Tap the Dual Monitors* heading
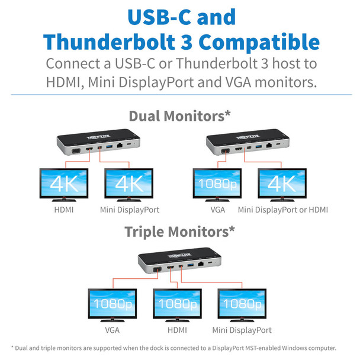(x=179, y=115)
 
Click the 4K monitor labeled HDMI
(x=64, y=184)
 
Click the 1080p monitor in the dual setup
(x=218, y=184)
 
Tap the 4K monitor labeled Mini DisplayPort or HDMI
(x=282, y=184)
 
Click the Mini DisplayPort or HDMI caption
(x=283, y=210)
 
